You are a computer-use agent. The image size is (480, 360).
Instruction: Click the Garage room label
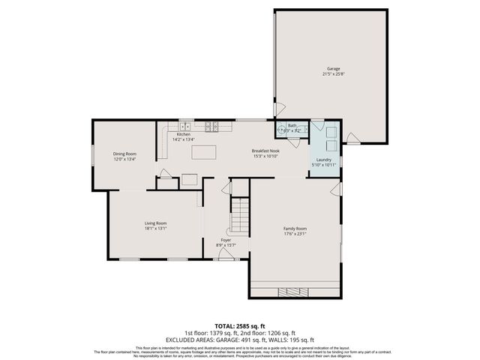click(333, 68)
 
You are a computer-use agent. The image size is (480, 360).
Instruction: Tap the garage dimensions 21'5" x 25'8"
click(333, 73)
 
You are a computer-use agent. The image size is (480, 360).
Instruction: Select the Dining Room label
click(124, 154)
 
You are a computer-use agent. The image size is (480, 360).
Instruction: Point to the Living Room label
click(155, 223)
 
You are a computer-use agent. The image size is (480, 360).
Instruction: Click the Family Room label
click(296, 228)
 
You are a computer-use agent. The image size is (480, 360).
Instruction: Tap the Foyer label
click(226, 240)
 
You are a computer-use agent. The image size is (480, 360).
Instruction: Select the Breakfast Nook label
click(266, 151)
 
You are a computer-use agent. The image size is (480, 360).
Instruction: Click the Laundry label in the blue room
click(324, 160)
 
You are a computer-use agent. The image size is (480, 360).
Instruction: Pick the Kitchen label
click(184, 134)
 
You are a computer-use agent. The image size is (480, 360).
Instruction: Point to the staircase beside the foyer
click(239, 214)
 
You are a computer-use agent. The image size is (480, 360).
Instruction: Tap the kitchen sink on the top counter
click(185, 126)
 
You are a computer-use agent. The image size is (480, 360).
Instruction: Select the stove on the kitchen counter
click(212, 126)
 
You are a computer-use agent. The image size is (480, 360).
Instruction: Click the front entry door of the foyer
click(225, 255)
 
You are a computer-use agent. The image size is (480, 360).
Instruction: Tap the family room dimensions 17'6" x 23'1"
click(296, 233)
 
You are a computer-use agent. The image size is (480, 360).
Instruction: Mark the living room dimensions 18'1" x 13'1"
click(155, 228)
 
